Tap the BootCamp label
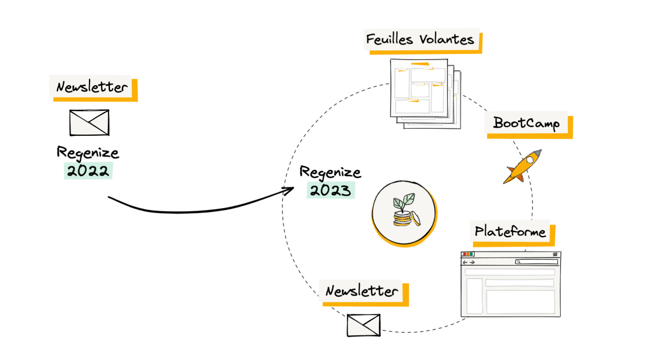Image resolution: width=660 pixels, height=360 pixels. point(526,123)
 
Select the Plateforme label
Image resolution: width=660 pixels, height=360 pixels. point(510,231)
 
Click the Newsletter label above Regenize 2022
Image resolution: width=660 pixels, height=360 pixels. point(92,87)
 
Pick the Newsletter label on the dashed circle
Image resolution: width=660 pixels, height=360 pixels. point(362,291)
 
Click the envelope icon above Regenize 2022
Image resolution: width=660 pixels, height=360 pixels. point(89,123)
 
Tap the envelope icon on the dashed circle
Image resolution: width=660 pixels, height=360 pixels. point(363,325)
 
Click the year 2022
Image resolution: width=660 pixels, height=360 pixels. point(88,170)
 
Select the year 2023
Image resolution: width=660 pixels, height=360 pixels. point(330,191)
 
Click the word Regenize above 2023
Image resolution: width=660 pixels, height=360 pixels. point(330,173)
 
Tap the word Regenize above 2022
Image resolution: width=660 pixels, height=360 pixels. point(88,153)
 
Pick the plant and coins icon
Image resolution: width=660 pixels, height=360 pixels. point(404,212)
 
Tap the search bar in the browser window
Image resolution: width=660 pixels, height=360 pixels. point(537,262)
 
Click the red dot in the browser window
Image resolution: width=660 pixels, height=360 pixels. point(465,254)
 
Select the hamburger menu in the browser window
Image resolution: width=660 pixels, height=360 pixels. point(555,254)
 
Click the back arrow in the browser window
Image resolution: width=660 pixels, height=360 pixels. point(465,262)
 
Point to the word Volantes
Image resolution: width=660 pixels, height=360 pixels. point(447,39)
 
